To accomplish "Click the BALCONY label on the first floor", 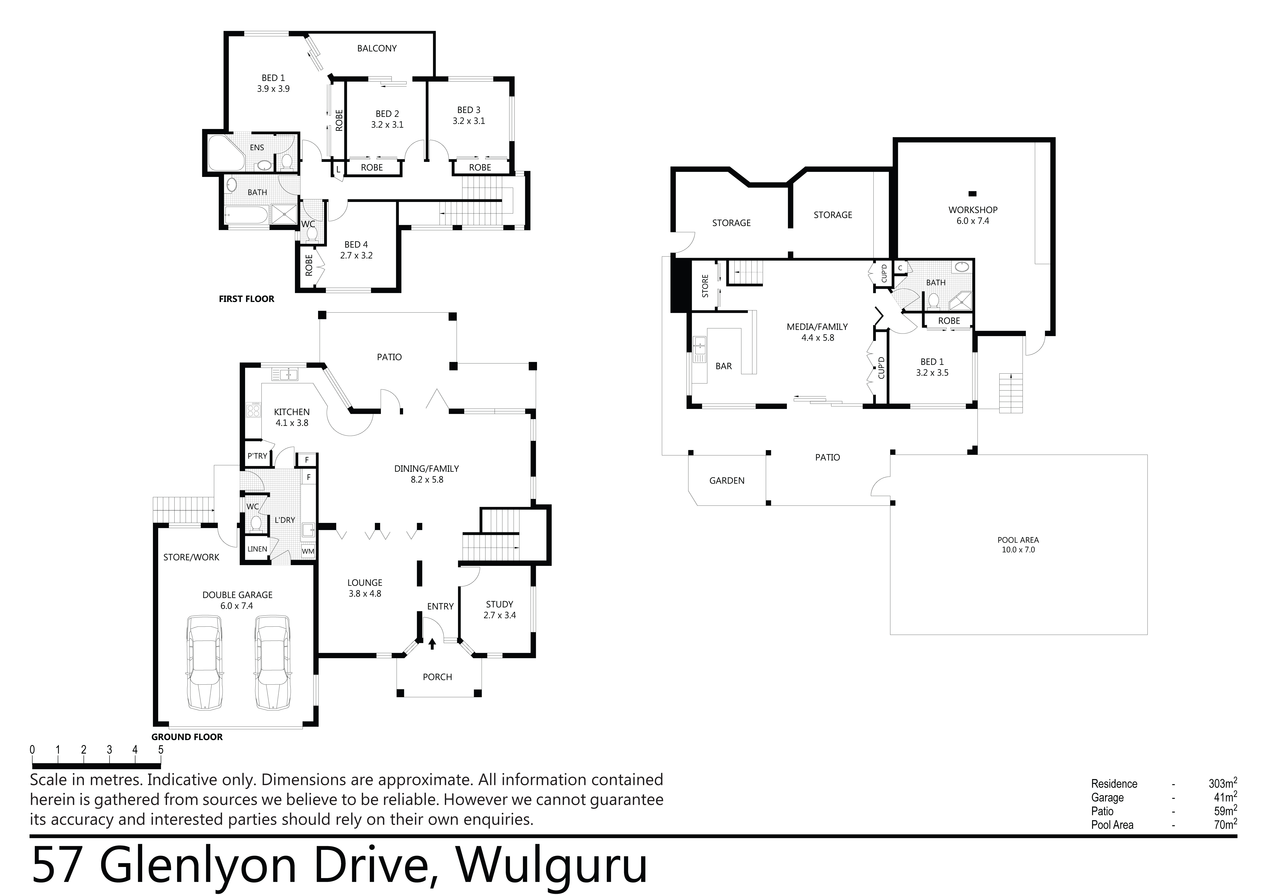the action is click(x=377, y=49).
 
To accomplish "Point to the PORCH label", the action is click(x=438, y=677).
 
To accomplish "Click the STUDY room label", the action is click(x=499, y=604).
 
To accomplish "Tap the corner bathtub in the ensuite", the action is click(x=226, y=152).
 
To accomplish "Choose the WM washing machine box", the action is click(x=308, y=551).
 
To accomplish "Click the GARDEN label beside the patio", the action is click(x=727, y=481).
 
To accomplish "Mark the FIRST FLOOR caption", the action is click(x=247, y=299).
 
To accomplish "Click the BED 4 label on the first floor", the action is click(x=356, y=244).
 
